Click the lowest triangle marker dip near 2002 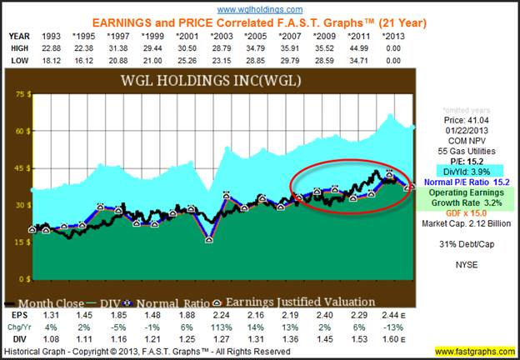(209, 239)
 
